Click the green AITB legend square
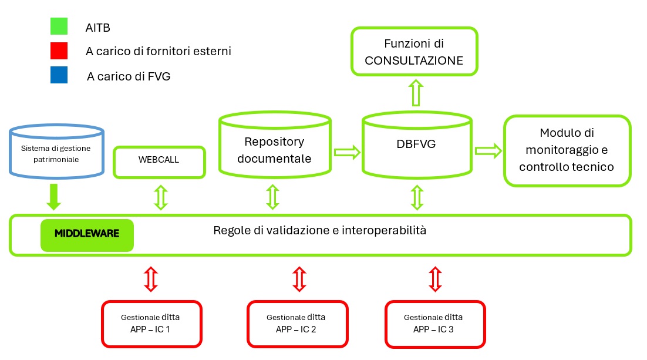(59, 26)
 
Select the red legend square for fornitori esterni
(59, 51)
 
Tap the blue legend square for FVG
(59, 75)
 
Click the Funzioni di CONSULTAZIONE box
(414, 51)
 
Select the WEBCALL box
(159, 161)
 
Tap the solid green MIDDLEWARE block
(87, 234)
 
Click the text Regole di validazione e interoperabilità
(319, 230)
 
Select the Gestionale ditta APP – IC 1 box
(151, 323)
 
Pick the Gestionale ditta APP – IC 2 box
(297, 324)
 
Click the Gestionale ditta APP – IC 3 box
(435, 323)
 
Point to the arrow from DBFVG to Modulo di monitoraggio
(488, 150)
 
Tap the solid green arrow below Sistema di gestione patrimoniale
(53, 196)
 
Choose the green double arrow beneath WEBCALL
(160, 197)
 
